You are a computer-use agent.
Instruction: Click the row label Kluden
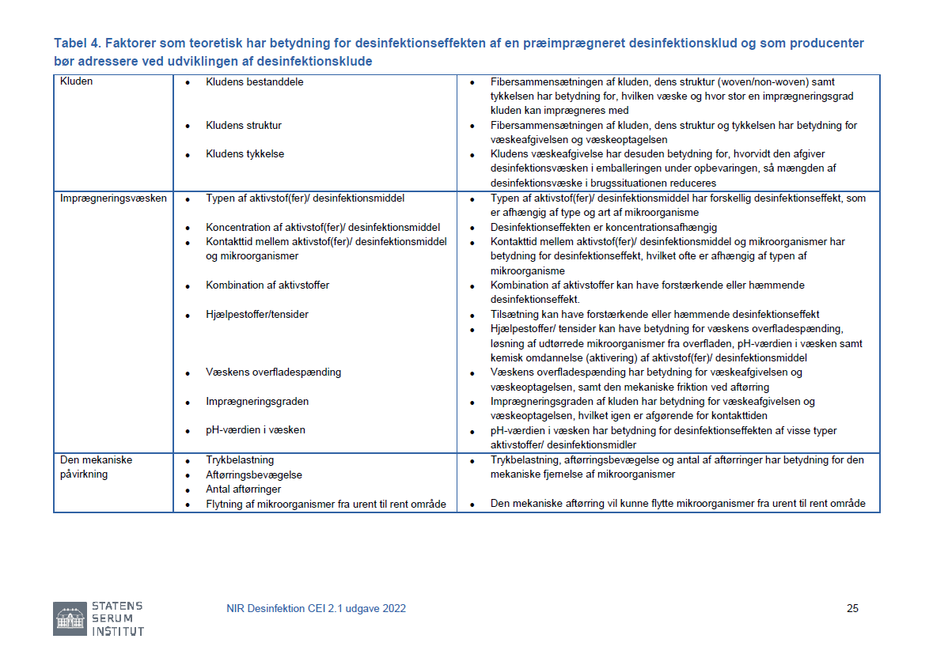tap(76, 81)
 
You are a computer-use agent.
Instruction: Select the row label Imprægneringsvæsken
tap(113, 198)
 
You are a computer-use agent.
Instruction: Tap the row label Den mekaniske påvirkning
tap(97, 467)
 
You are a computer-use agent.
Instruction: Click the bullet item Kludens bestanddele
tap(254, 81)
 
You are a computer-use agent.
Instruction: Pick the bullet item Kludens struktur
tap(243, 125)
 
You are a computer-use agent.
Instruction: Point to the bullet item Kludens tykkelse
tap(245, 153)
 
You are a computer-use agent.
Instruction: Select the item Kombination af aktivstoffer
tap(267, 285)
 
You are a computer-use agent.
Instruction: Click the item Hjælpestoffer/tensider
tap(256, 314)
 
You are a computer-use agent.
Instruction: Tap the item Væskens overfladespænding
tap(273, 372)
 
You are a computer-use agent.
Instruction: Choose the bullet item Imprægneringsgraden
tap(256, 401)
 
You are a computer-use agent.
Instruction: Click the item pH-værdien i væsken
tap(255, 429)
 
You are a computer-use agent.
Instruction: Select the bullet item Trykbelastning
tap(239, 459)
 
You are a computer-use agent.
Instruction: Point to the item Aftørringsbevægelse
tap(253, 474)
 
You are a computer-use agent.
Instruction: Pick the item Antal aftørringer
tap(243, 489)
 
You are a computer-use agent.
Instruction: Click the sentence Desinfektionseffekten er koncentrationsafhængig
tap(603, 227)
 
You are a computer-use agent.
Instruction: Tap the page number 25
tap(852, 608)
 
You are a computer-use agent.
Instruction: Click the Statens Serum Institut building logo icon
tap(69, 618)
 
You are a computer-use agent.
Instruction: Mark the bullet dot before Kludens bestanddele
tap(188, 83)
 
